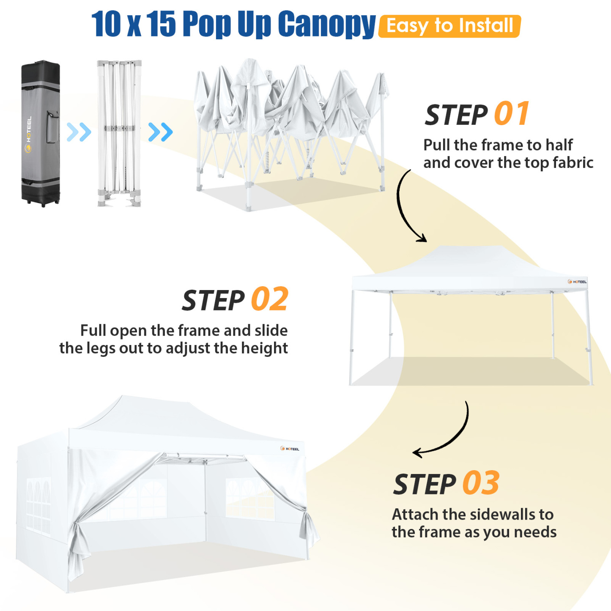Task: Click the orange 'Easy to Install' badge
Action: click(449, 26)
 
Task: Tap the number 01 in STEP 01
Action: click(512, 114)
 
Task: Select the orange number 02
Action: click(269, 299)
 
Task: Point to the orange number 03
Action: click(481, 483)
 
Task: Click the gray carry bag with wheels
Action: click(41, 133)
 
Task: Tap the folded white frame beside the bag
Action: click(119, 133)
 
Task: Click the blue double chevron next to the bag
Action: click(79, 132)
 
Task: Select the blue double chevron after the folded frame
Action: click(161, 132)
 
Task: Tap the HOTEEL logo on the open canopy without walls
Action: click(577, 282)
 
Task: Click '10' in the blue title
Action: click(106, 25)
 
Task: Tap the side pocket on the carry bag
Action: click(52, 127)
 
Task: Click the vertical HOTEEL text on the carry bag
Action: click(29, 129)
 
